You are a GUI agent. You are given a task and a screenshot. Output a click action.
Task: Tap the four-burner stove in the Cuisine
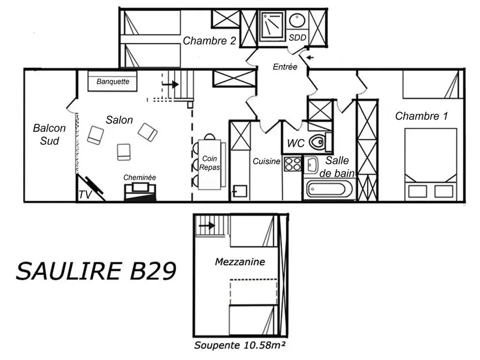[292, 164]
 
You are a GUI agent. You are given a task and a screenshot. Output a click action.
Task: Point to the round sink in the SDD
[297, 21]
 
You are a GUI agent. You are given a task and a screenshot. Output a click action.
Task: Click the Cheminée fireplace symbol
[140, 192]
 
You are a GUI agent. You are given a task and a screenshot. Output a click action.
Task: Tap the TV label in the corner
[85, 195]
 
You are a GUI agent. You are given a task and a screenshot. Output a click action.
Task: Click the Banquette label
[112, 82]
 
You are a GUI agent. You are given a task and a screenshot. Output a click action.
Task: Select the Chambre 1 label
[421, 116]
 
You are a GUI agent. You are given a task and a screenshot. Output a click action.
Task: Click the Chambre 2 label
[210, 41]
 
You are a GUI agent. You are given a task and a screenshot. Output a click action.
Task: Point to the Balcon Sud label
[49, 135]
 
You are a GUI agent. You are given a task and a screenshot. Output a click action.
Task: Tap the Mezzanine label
[240, 262]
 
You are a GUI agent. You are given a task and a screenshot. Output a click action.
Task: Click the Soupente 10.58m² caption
[240, 345]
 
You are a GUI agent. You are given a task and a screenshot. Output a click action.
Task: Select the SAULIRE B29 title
[96, 271]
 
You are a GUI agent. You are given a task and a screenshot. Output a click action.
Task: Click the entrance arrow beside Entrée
[310, 57]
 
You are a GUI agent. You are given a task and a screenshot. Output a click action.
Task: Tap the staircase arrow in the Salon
[171, 84]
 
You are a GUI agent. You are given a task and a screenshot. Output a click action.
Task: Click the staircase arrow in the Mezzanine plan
[207, 226]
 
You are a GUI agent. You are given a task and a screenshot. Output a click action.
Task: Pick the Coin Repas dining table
[210, 165]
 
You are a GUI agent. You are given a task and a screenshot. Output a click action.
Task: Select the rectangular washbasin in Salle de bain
[311, 165]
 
